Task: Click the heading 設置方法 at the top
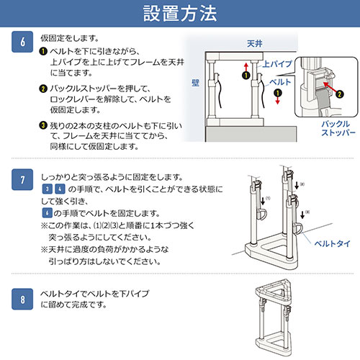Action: pos(179,14)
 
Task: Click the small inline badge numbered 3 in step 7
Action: pos(47,189)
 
